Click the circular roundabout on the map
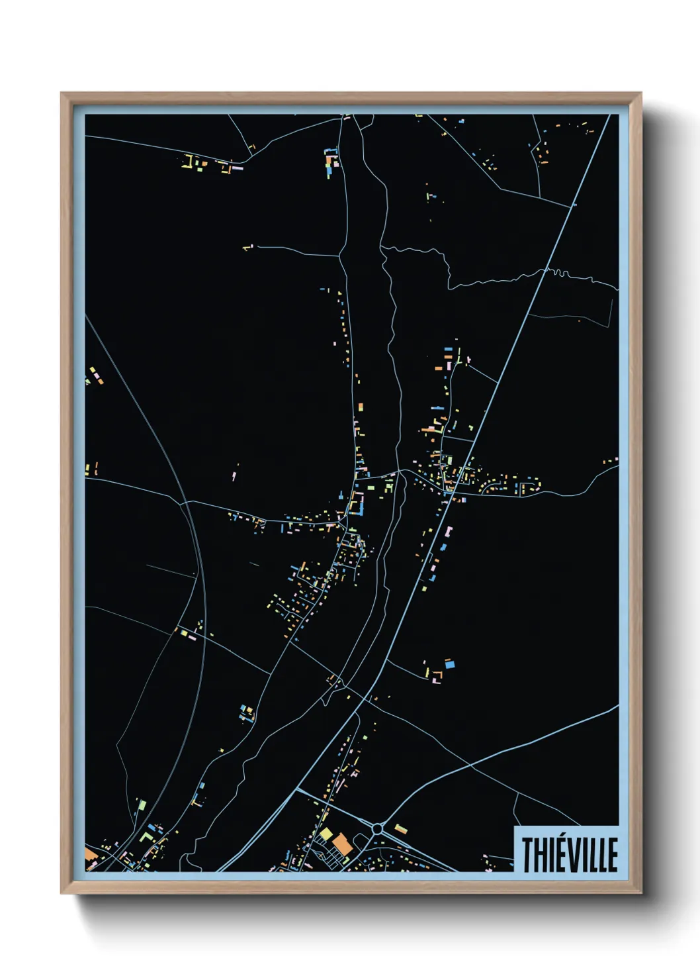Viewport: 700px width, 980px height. (x=377, y=828)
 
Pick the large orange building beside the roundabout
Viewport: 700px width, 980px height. (x=341, y=844)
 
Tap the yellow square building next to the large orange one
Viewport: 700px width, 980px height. (x=326, y=832)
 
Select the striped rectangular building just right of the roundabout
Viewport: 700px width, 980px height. (x=401, y=828)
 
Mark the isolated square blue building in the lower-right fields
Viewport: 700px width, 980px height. (x=450, y=663)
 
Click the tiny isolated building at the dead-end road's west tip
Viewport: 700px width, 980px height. (x=247, y=248)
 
